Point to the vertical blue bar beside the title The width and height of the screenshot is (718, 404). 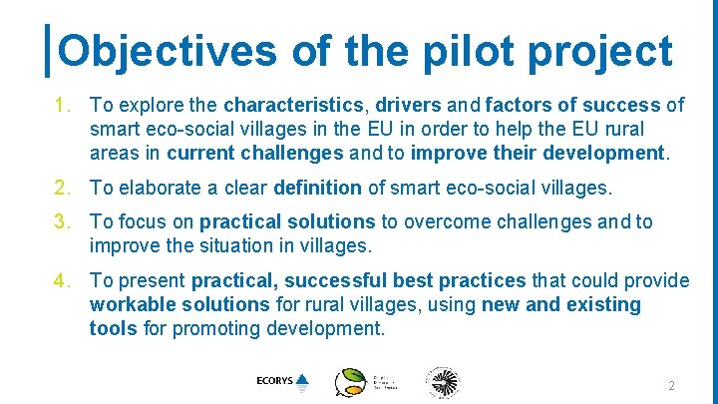tap(50, 51)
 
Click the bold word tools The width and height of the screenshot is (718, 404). tap(112, 329)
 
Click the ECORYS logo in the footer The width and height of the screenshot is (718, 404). tap(282, 381)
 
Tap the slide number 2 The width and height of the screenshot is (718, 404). tap(671, 386)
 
